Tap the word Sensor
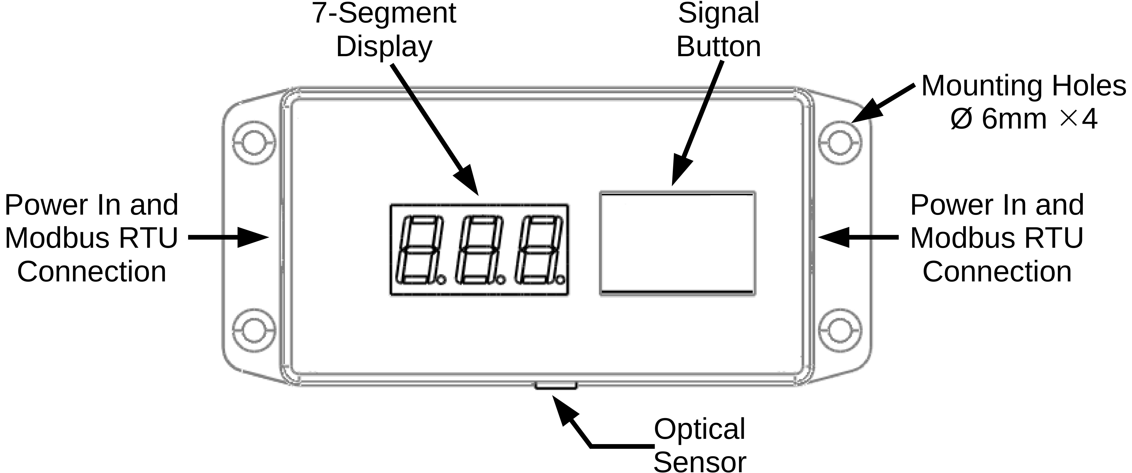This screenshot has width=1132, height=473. pyautogui.click(x=700, y=462)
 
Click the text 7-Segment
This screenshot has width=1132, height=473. pyautogui.click(x=384, y=13)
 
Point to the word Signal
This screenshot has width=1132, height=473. pyautogui.click(x=718, y=13)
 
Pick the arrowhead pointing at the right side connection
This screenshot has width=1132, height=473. pyautogui.click(x=833, y=238)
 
